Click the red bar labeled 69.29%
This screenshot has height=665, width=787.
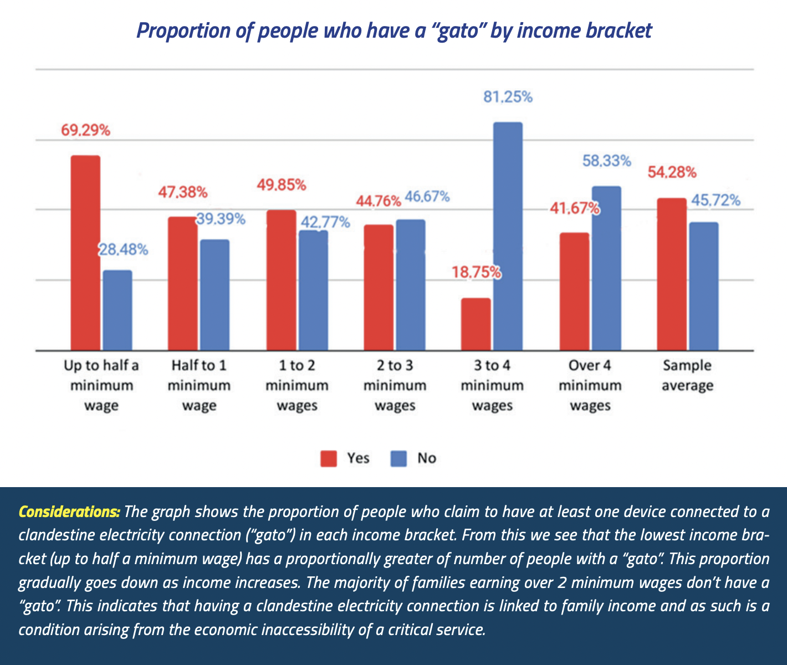(x=85, y=253)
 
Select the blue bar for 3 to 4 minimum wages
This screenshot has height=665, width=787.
(x=508, y=236)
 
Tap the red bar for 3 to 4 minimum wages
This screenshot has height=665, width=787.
(x=476, y=324)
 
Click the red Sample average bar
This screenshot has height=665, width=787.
(x=671, y=274)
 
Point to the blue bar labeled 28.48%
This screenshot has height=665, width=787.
(x=117, y=310)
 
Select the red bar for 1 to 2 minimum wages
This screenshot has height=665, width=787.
(x=281, y=280)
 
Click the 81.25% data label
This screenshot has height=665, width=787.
(x=508, y=98)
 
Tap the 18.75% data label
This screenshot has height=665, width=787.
(x=476, y=273)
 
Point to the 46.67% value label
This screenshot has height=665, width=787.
(x=427, y=197)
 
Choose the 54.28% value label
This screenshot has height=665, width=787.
(x=672, y=172)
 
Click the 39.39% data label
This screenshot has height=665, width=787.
(x=221, y=219)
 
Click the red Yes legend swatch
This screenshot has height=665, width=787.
(x=329, y=459)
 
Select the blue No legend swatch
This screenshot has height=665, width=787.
(x=398, y=459)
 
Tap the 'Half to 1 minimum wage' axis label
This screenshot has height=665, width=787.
(x=199, y=386)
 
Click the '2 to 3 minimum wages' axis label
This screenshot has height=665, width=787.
(x=395, y=386)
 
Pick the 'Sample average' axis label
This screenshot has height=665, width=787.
(x=687, y=376)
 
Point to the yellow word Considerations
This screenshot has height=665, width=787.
(x=69, y=511)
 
